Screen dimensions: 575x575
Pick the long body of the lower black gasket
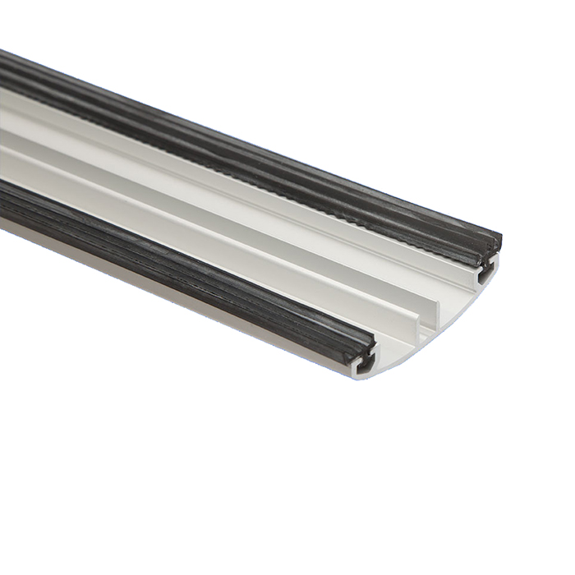click(164, 246)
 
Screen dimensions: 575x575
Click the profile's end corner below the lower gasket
click(356, 375)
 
